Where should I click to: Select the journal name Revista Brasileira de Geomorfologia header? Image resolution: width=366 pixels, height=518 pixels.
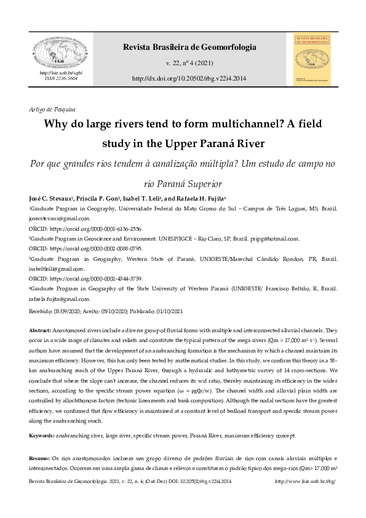pos(189,47)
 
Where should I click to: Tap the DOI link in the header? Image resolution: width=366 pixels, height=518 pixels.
pos(189,79)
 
